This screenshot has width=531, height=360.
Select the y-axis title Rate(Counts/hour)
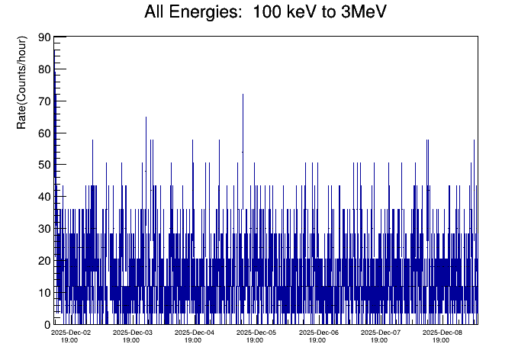click(22, 82)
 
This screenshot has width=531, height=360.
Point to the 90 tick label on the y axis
click(44, 37)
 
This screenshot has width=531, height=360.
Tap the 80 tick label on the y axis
click(44, 69)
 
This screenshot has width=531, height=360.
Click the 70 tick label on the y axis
click(44, 101)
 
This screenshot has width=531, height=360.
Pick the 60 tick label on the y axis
click(44, 133)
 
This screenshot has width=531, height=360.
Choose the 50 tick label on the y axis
click(44, 165)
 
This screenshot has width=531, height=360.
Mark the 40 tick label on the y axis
click(44, 197)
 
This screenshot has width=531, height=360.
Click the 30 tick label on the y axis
click(44, 229)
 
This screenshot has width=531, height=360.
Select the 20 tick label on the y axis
click(44, 261)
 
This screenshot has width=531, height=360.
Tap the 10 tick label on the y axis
click(44, 293)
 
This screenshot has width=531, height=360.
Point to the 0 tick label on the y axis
click(47, 324)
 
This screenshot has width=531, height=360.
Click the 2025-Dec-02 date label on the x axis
click(71, 333)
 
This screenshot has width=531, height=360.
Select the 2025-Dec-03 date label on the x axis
click(133, 333)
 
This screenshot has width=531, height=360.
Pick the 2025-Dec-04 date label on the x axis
click(195, 333)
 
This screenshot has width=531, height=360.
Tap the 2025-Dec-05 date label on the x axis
click(256, 333)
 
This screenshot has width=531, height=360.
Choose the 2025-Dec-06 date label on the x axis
click(318, 333)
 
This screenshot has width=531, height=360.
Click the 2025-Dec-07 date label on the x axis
click(380, 333)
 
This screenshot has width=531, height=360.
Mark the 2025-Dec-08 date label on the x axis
click(443, 333)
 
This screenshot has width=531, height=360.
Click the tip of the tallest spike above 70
click(243, 95)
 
